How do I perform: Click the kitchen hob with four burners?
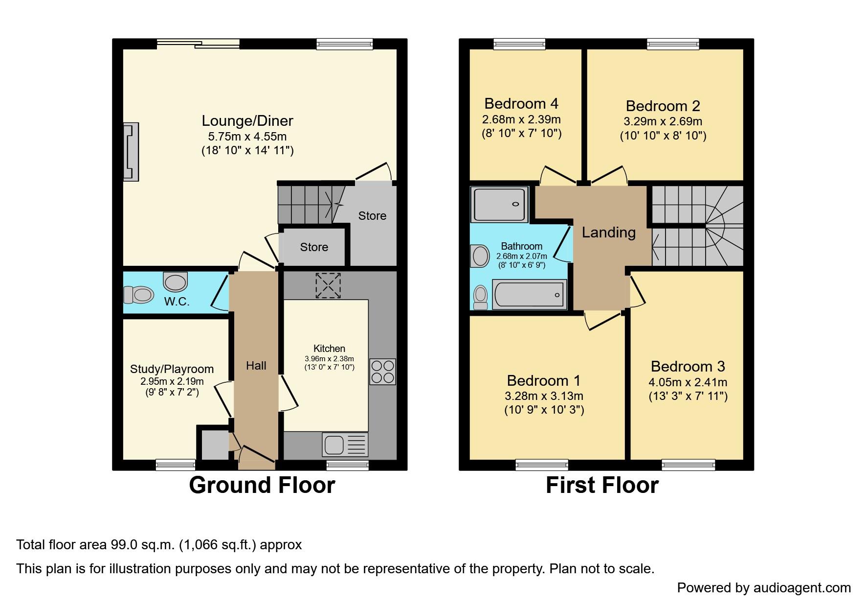click(382, 372)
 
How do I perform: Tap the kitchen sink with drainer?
click(345, 444)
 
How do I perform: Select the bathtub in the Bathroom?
click(530, 295)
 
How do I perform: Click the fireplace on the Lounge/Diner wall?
click(131, 152)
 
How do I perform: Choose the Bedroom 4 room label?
click(521, 104)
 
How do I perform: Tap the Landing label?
click(609, 233)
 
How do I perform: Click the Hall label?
click(256, 366)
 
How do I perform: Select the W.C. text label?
click(177, 302)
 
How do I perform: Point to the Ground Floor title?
click(262, 485)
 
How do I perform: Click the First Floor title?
click(602, 485)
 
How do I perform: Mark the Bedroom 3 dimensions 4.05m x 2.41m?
click(688, 382)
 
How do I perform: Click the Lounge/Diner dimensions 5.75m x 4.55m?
click(247, 137)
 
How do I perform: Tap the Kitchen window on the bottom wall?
click(348, 465)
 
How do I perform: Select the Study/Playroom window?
click(176, 465)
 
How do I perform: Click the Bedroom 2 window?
click(673, 44)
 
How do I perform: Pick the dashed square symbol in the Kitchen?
click(328, 286)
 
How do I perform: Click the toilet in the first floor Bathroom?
click(481, 298)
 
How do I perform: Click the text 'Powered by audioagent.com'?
click(764, 588)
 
